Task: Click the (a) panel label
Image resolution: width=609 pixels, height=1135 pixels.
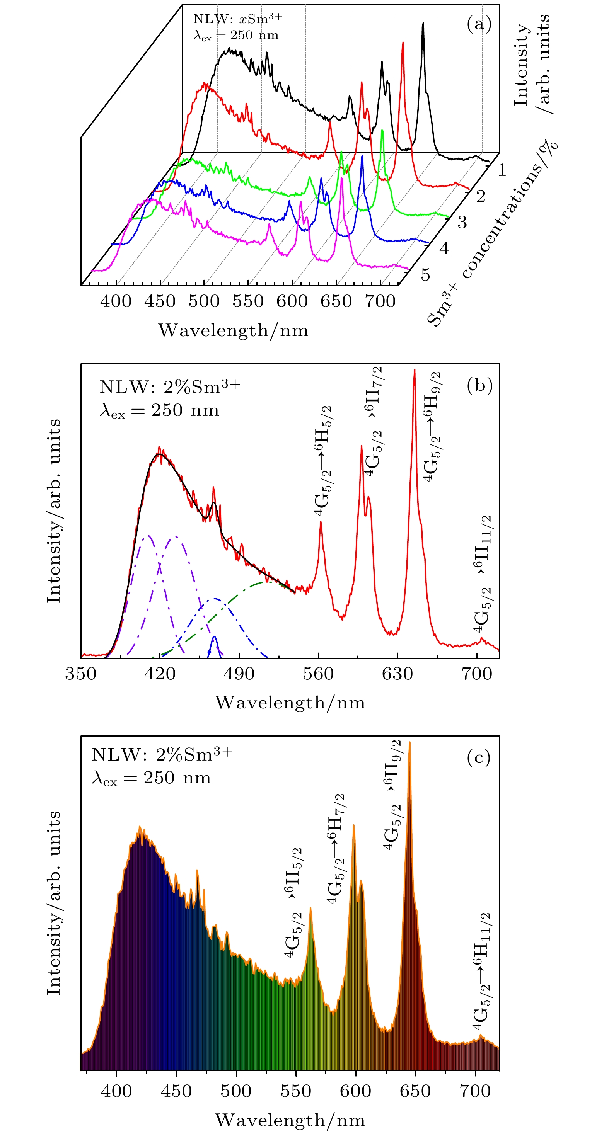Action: (479, 24)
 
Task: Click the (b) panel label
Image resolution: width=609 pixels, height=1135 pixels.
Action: (479, 385)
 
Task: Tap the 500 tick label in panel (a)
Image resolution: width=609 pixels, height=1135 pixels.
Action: (204, 301)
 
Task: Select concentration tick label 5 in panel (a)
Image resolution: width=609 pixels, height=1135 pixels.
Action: (425, 274)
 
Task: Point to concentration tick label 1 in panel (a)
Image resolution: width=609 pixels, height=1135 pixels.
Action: (502, 170)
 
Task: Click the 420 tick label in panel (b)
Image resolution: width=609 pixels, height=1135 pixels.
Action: (160, 674)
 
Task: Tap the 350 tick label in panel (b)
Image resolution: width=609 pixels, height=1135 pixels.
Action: (81, 674)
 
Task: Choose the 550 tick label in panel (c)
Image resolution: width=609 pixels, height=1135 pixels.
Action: (295, 1091)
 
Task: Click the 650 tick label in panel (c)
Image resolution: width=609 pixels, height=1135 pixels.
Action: (415, 1091)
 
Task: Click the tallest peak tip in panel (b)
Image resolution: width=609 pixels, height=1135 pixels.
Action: (415, 370)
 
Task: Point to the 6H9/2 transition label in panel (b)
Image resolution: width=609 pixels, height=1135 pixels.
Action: (432, 426)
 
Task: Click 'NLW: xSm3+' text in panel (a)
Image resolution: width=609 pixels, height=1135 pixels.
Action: (237, 19)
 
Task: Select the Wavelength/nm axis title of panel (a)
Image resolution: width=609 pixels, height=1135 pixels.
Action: (233, 330)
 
